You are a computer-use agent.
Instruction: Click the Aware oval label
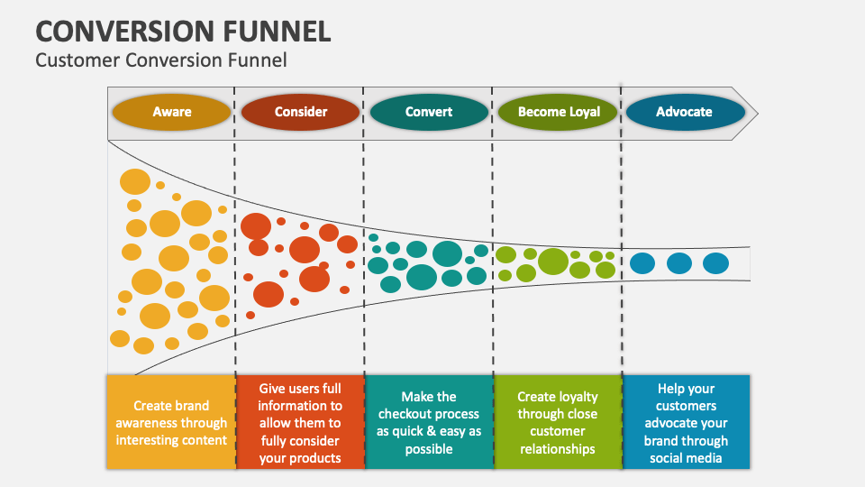tap(171, 112)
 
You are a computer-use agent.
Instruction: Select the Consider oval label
tap(300, 112)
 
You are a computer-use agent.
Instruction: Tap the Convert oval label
tap(429, 112)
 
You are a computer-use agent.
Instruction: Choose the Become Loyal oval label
tap(558, 112)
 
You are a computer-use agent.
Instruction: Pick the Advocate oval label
tap(684, 112)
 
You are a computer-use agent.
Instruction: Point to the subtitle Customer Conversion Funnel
tap(160, 60)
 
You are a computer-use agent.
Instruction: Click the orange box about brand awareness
tap(170, 422)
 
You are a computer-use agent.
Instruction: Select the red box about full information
tap(300, 422)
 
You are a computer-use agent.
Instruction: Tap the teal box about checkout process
tap(429, 422)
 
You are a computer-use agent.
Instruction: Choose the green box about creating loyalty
tap(557, 422)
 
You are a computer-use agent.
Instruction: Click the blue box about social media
tap(686, 422)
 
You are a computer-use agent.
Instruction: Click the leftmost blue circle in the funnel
tap(642, 263)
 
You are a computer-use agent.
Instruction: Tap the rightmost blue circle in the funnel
tap(715, 263)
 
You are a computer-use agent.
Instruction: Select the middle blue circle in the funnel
tap(679, 263)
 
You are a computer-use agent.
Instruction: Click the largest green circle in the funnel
tap(553, 262)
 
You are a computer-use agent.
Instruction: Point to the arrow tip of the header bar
tap(754, 113)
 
